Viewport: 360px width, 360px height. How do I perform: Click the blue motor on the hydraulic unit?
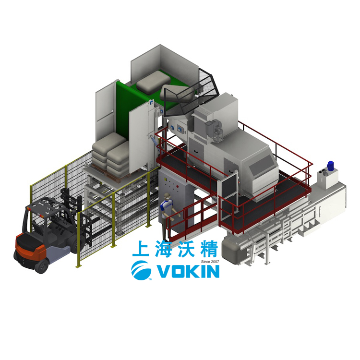pyautogui.click(x=331, y=166)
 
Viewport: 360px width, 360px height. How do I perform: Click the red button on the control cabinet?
pyautogui.click(x=177, y=186)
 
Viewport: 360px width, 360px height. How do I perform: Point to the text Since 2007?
pyautogui.click(x=210, y=262)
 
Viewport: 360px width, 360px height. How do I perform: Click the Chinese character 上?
pyautogui.click(x=141, y=249)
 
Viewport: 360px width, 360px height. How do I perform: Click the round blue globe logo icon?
pyautogui.click(x=141, y=270)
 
